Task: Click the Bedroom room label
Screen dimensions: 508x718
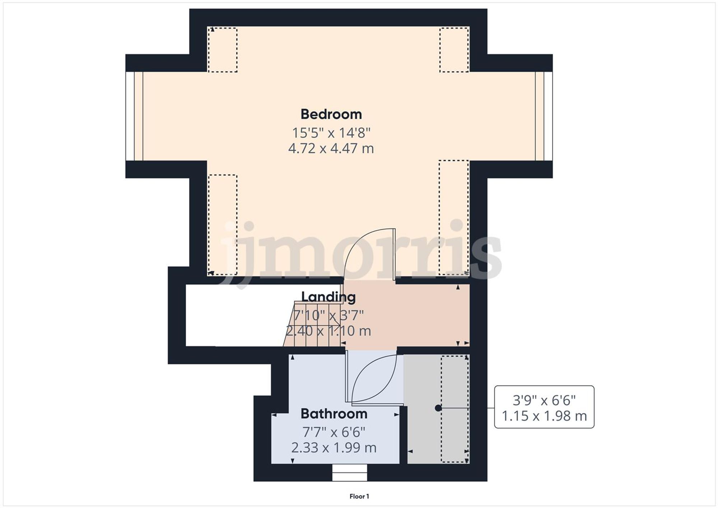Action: (331, 114)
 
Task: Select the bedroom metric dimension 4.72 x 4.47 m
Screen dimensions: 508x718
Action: (331, 148)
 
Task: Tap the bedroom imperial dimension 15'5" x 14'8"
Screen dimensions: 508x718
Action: (331, 133)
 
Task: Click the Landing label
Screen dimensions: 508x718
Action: (328, 297)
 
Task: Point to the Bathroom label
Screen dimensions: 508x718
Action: (334, 414)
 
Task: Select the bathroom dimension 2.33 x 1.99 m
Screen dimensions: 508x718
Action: (334, 448)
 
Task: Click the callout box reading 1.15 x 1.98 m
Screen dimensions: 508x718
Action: (544, 407)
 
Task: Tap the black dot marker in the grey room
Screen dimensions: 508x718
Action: (438, 408)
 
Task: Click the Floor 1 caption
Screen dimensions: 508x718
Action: (359, 497)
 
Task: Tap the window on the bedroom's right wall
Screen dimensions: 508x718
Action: (544, 116)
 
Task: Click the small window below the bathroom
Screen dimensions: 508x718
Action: (349, 473)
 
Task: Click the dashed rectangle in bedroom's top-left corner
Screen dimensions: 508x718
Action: (223, 50)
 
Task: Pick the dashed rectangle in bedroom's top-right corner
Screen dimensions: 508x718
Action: (454, 50)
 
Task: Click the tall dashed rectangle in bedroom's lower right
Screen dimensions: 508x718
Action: (454, 218)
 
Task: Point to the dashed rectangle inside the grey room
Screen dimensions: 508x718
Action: (455, 409)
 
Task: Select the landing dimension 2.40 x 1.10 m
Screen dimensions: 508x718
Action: (328, 331)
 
